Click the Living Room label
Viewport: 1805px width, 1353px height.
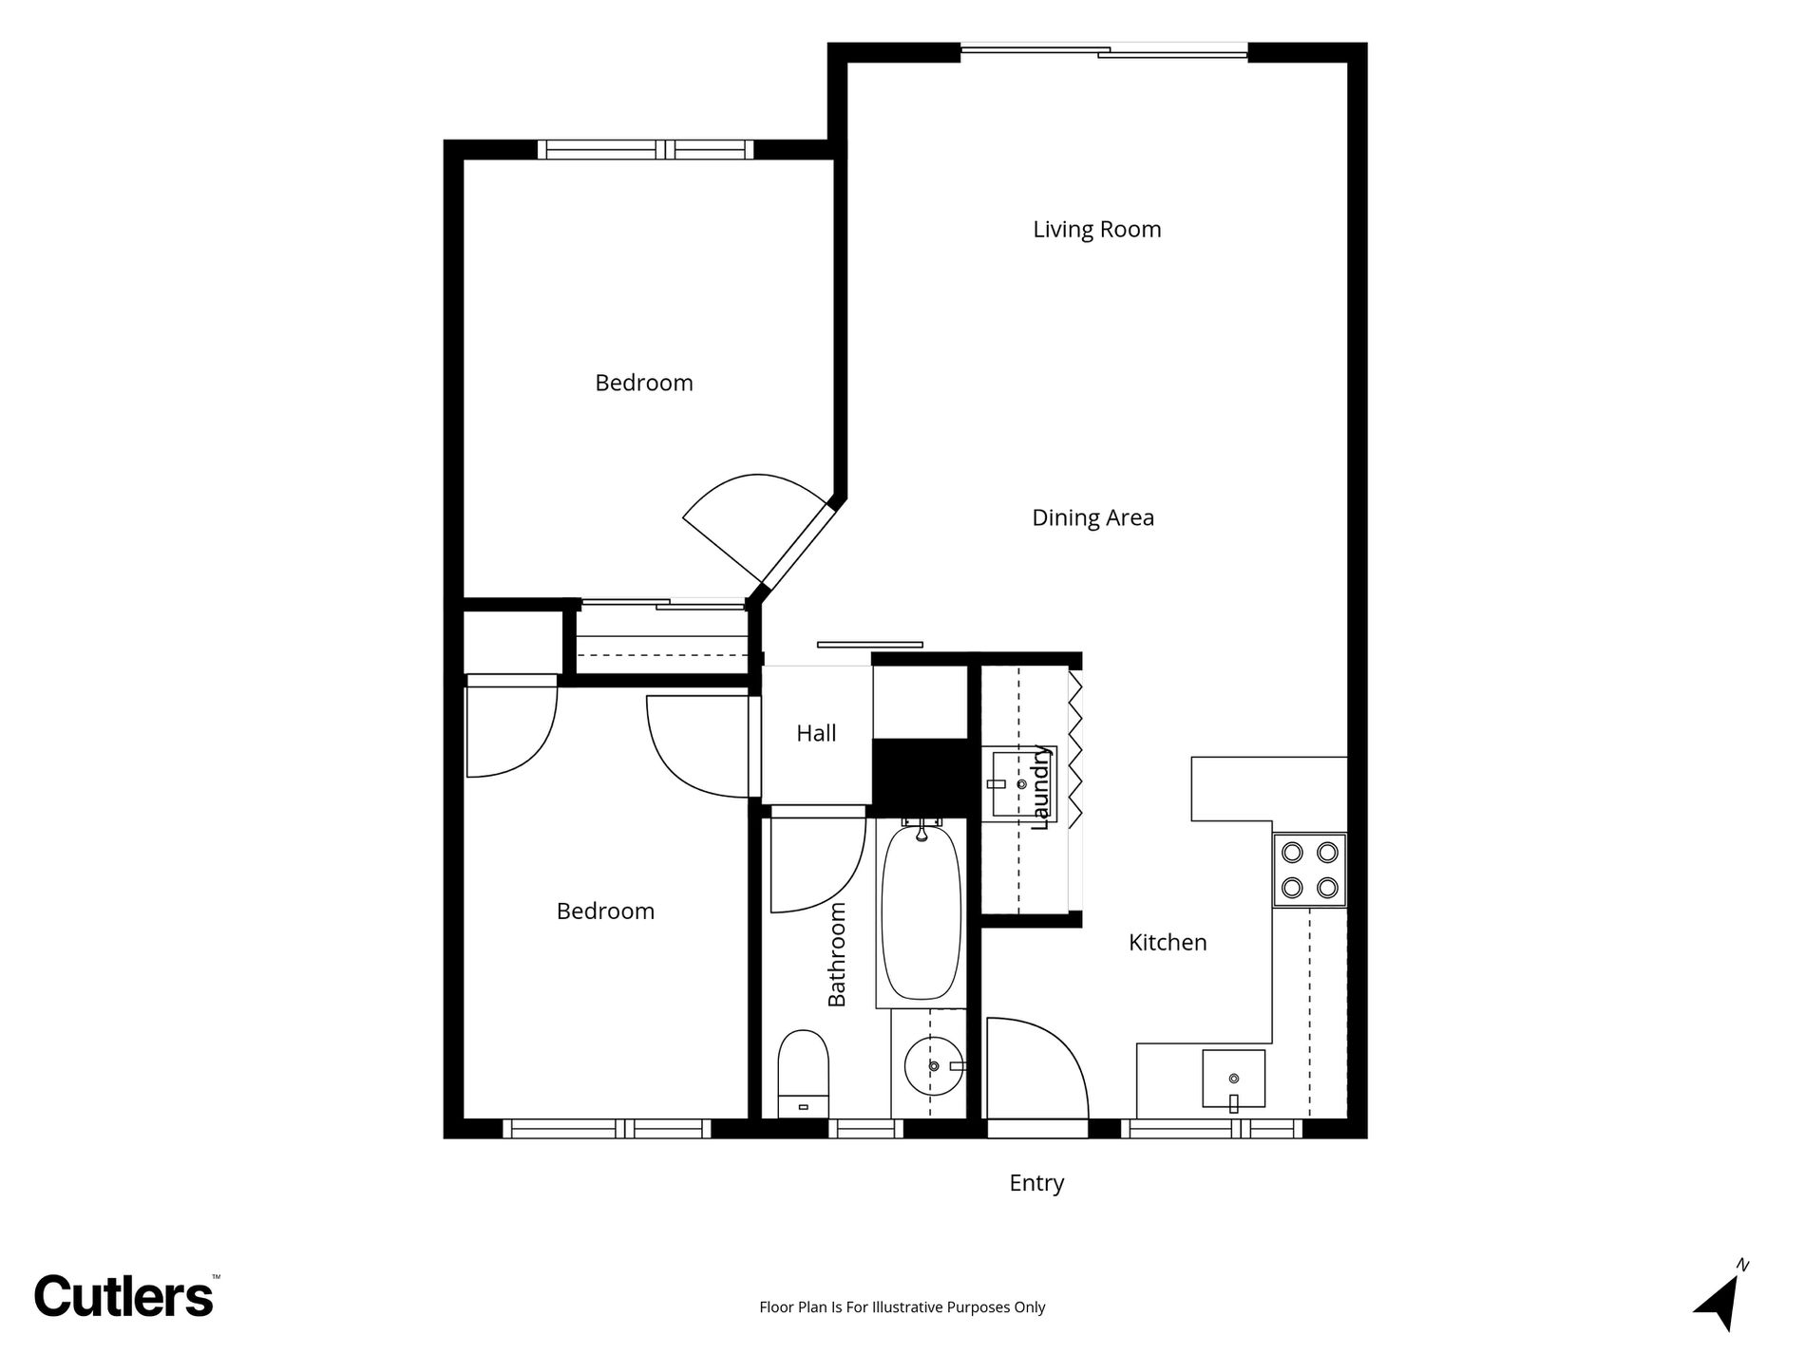[1097, 230]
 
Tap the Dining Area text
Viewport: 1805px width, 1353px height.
[1093, 518]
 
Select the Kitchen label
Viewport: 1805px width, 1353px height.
[1168, 943]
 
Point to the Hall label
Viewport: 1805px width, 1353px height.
[816, 733]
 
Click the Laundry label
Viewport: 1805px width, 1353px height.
[1041, 788]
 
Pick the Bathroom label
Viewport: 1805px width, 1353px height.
[836, 954]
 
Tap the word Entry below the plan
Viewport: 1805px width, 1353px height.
[1036, 1183]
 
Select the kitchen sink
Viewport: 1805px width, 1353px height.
[1233, 1080]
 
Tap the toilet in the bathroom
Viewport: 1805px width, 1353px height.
[804, 1075]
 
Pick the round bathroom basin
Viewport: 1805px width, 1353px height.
[934, 1066]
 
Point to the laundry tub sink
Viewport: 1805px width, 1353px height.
[1017, 782]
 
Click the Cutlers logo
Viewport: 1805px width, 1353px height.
[124, 1295]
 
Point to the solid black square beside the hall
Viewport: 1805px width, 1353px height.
[920, 778]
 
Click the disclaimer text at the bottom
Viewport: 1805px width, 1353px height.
[902, 1307]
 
